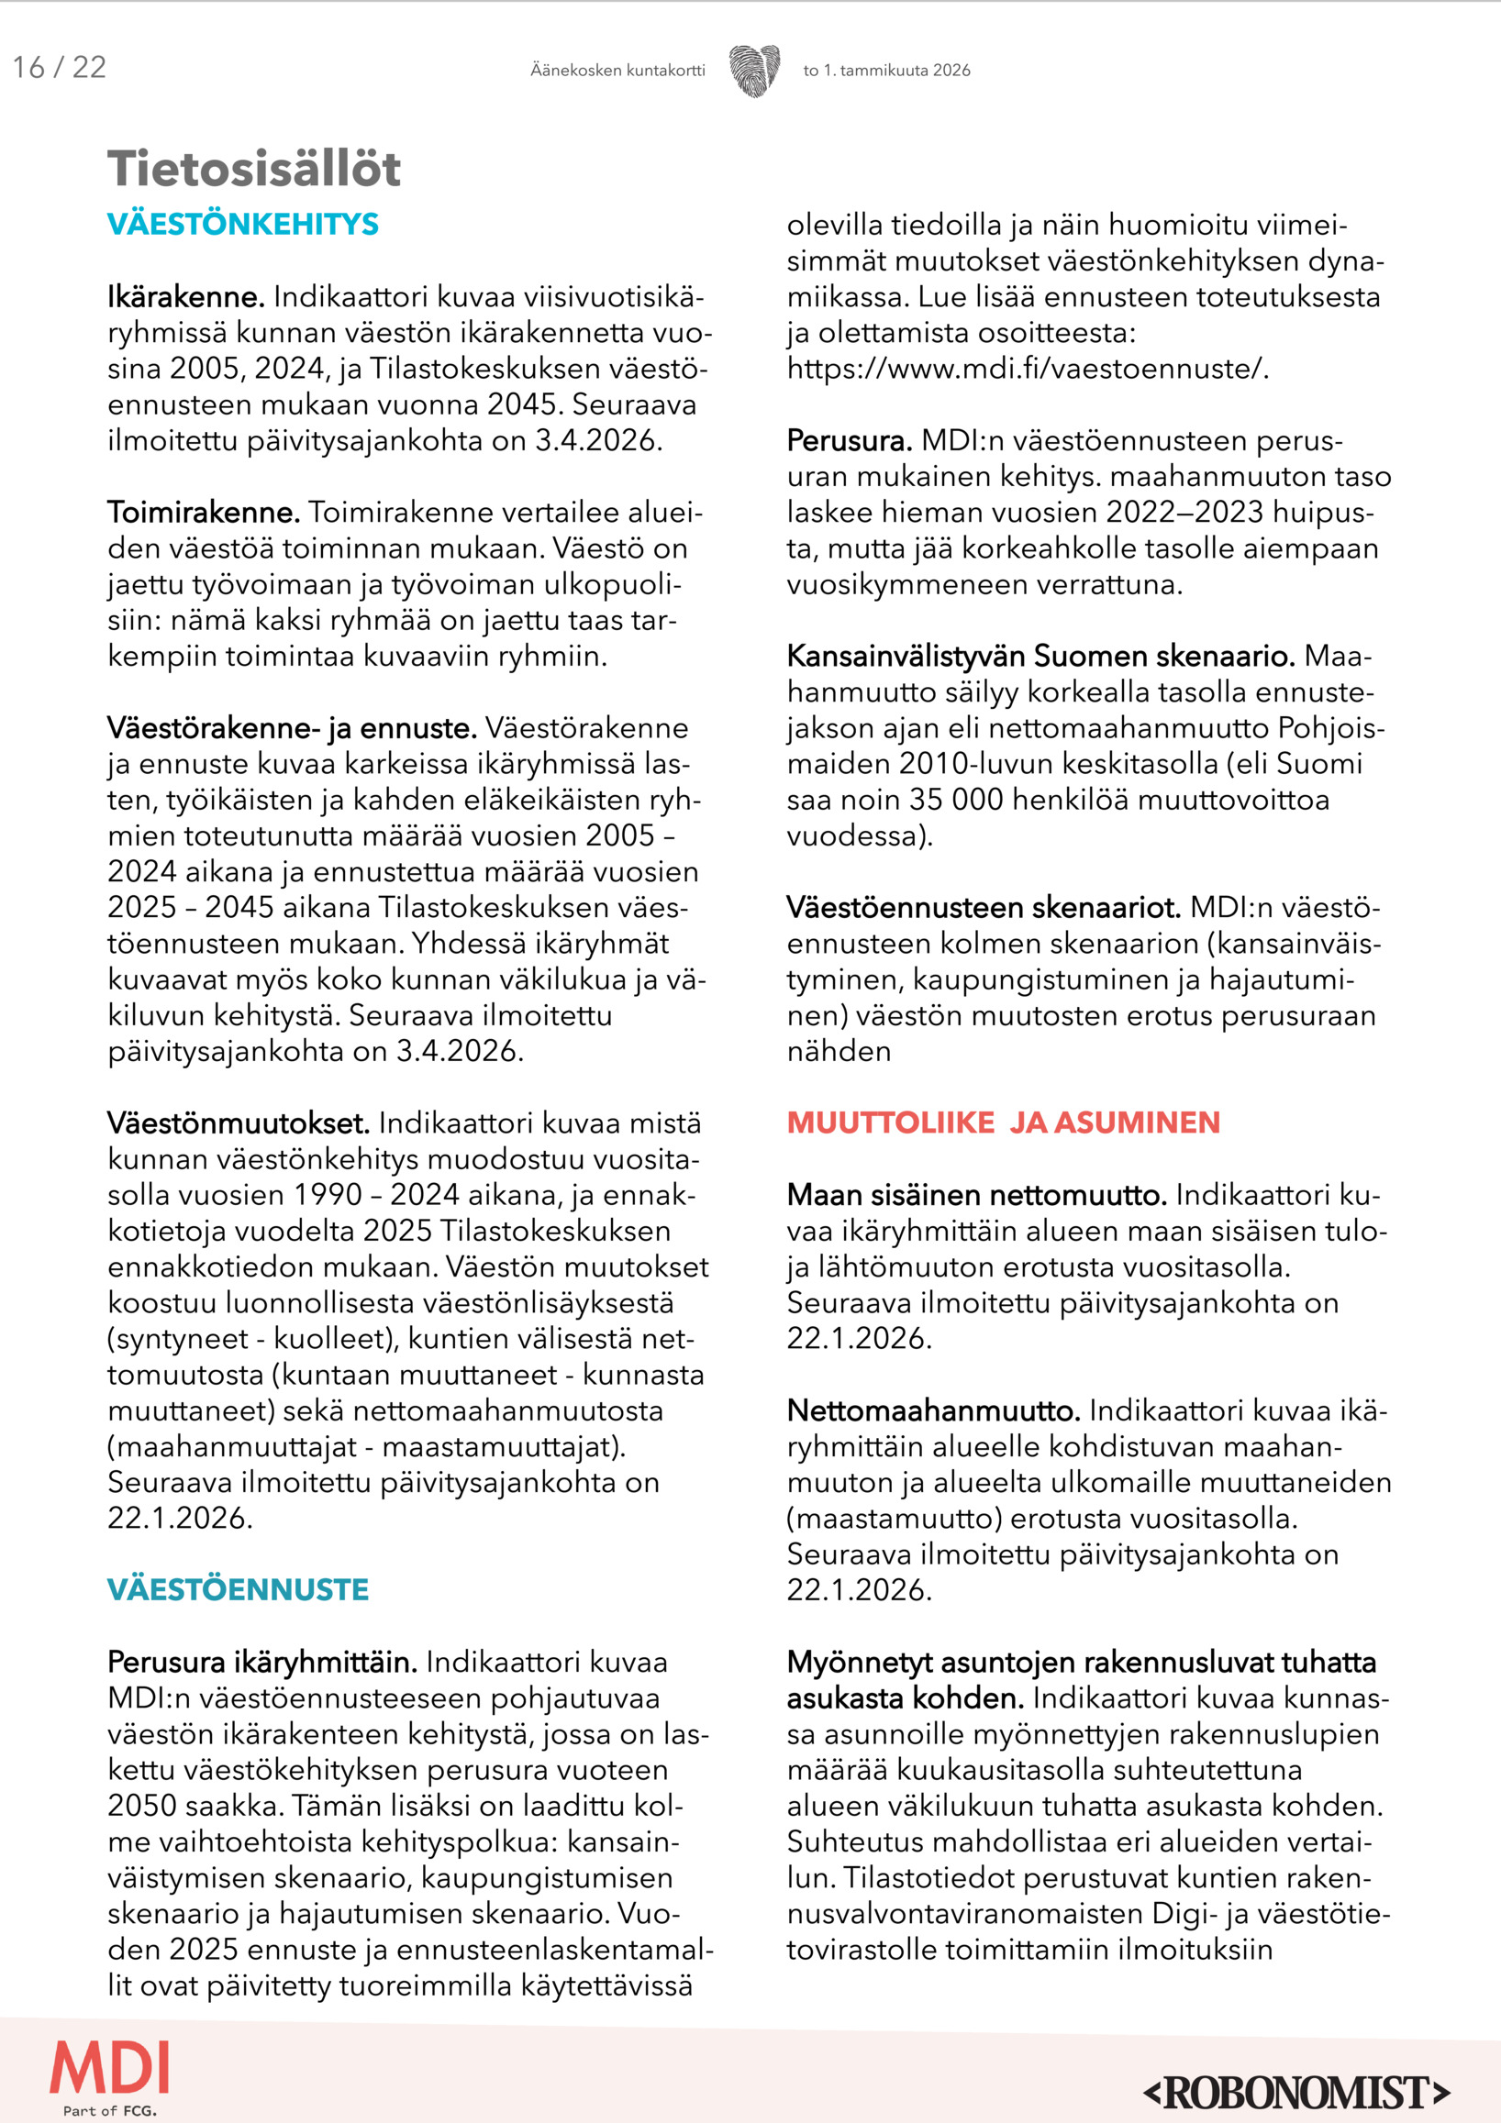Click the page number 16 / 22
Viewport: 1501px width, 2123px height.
tap(60, 68)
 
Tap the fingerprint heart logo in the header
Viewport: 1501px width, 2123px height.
tap(754, 71)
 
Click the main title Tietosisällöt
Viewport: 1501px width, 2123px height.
tap(254, 169)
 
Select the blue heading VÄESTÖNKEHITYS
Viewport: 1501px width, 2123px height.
tap(243, 225)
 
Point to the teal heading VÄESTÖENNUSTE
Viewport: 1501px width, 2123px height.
tap(238, 1589)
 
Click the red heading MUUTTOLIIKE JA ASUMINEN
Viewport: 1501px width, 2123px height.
tap(1004, 1122)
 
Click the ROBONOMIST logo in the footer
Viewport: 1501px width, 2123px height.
tap(1296, 2092)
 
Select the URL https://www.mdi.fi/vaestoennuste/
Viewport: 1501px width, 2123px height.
tap(1028, 369)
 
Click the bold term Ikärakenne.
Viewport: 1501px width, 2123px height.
tap(186, 298)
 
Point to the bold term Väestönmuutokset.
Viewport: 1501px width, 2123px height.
tap(239, 1123)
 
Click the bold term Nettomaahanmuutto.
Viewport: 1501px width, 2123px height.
tap(933, 1411)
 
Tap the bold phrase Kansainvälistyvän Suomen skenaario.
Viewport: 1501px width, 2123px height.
tap(1040, 657)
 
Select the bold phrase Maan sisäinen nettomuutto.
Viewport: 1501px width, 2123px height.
tap(976, 1196)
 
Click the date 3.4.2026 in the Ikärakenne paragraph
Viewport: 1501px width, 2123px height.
tap(598, 441)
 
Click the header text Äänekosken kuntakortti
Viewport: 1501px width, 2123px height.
tap(617, 71)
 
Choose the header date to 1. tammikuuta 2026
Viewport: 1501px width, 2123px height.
tap(887, 71)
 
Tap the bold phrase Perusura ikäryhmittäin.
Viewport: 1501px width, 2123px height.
tap(261, 1663)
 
